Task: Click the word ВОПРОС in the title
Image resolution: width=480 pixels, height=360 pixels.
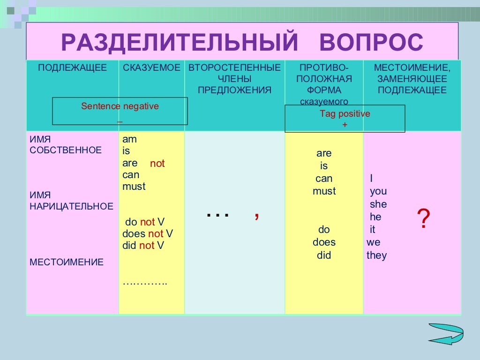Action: [371, 43]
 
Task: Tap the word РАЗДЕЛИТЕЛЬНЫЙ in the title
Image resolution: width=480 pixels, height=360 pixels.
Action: [180, 43]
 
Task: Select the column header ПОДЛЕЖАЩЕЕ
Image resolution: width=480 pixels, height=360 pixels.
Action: [72, 68]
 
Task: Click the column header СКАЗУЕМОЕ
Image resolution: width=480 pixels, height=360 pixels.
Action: [151, 68]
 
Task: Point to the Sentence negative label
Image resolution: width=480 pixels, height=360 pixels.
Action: [120, 106]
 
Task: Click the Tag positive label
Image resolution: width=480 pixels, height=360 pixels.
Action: [345, 114]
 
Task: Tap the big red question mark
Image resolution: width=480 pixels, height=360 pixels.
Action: [423, 219]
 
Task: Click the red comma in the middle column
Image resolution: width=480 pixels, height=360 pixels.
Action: [257, 215]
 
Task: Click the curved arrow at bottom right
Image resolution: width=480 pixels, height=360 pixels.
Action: [446, 333]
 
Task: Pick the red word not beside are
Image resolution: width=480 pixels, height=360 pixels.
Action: [157, 164]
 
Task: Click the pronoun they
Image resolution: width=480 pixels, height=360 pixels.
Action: [377, 255]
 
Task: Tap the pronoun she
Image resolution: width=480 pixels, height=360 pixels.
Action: [378, 204]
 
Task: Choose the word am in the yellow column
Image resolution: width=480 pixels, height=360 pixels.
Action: [129, 139]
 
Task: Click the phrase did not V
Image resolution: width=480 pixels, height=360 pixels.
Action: [143, 246]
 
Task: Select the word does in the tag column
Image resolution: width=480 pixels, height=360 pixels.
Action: [324, 242]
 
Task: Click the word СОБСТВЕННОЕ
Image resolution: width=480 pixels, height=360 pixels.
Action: [66, 150]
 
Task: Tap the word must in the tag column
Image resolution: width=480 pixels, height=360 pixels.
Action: [324, 191]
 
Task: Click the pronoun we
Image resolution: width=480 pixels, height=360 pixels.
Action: [374, 243]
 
